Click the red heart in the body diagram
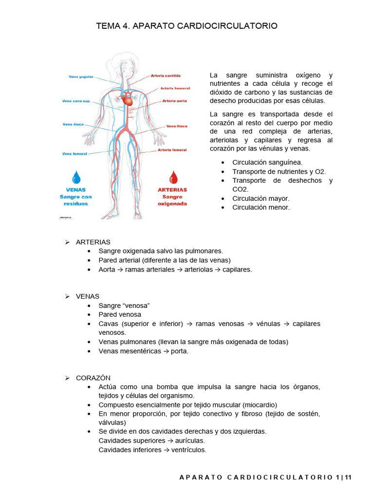pyautogui.click(x=128, y=100)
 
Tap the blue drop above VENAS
pyautogui.click(x=76, y=176)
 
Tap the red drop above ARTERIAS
pyautogui.click(x=172, y=176)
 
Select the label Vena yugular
pyautogui.click(x=81, y=77)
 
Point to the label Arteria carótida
pyautogui.click(x=166, y=76)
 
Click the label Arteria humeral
pyautogui.click(x=175, y=89)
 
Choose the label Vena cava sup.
pyautogui.click(x=76, y=101)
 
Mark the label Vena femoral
pyautogui.click(x=75, y=154)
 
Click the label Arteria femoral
pyautogui.click(x=172, y=150)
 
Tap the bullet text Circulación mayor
pyautogui.click(x=261, y=198)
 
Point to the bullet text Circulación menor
pyautogui.click(x=261, y=207)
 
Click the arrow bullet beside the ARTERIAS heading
pyautogui.click(x=68, y=242)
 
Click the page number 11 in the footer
pyautogui.click(x=348, y=478)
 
